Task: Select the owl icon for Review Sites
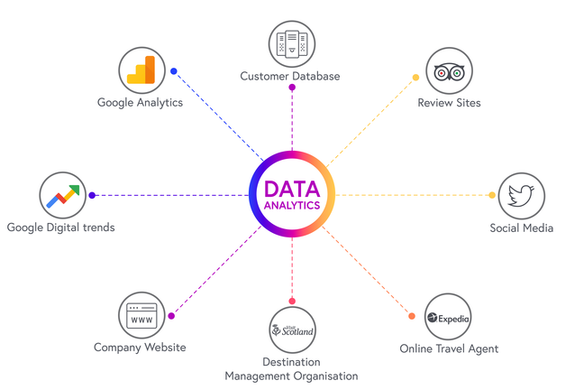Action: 449,72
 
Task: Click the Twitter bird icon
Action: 521,195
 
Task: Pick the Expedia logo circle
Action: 449,318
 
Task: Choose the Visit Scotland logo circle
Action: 292,331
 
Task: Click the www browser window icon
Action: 141,318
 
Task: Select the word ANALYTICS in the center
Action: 292,205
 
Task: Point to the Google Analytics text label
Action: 141,103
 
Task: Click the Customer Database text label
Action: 290,76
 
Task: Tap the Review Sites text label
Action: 449,103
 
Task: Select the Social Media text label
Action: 521,227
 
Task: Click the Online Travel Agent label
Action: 449,348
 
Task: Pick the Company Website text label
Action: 140,348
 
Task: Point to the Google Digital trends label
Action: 60,227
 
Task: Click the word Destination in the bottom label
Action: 291,362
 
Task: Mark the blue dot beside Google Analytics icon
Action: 174,71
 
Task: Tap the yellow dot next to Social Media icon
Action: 491,195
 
